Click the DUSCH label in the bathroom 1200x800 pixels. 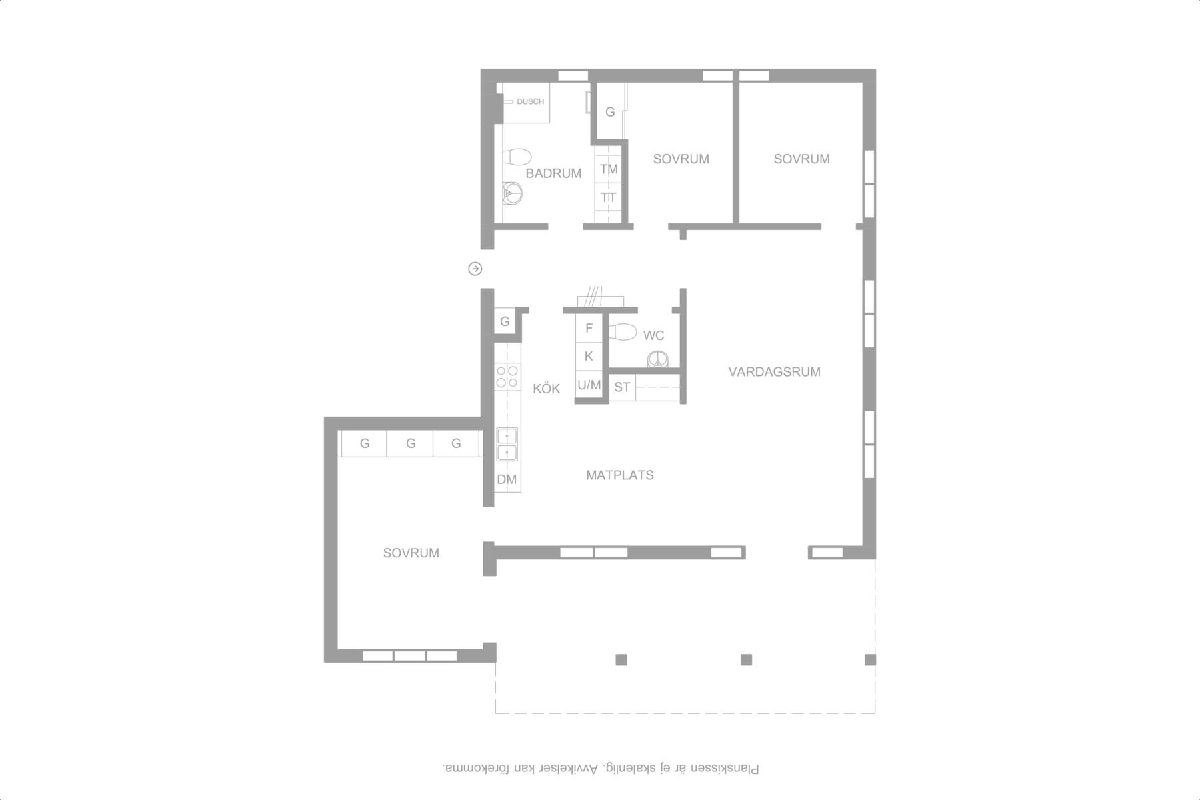530,101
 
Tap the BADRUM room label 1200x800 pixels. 553,173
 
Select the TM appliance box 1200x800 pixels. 609,169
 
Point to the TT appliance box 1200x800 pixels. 609,197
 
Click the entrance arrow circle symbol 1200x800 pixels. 475,269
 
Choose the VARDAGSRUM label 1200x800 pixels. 774,372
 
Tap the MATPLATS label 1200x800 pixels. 620,475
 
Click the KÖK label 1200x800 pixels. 547,388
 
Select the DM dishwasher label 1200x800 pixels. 507,479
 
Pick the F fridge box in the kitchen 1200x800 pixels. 589,328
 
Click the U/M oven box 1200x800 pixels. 589,385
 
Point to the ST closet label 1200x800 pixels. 622,387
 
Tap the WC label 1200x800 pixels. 653,335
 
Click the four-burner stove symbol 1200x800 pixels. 507,376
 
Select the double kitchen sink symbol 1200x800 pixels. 507,444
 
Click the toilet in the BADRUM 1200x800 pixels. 516,157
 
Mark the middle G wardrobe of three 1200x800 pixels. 411,443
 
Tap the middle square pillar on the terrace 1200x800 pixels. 747,660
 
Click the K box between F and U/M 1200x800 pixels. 589,356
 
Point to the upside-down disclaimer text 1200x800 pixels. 600,769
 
